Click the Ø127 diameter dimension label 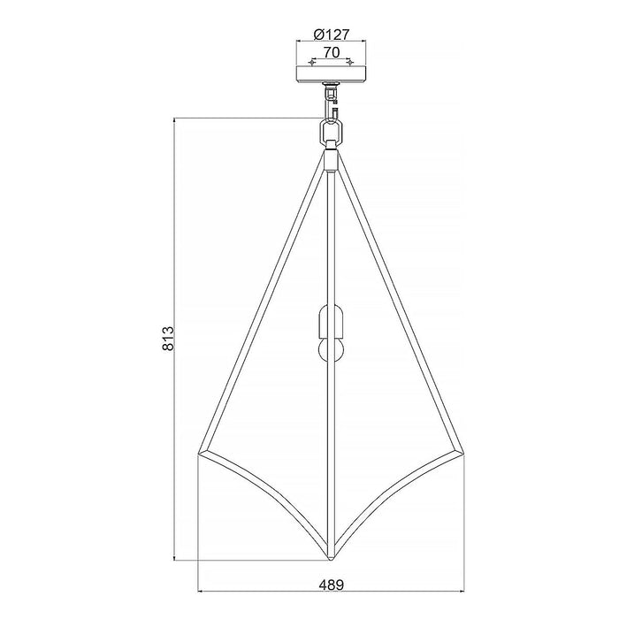(332, 34)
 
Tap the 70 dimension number (332, 52)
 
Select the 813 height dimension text (168, 339)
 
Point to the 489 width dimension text (332, 585)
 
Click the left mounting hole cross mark (313, 63)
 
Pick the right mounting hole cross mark (349, 63)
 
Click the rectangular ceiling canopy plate (331, 74)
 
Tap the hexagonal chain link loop (331, 133)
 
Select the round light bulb (331, 350)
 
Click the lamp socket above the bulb (331, 320)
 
